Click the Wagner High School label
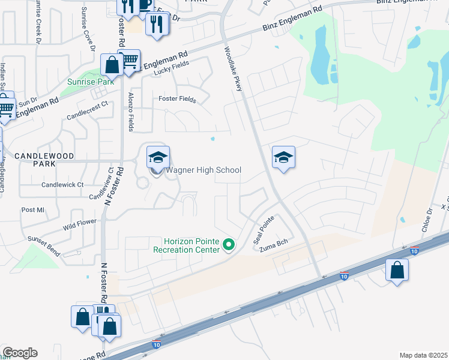(x=203, y=170)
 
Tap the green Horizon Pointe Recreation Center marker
(x=228, y=244)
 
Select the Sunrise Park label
(x=91, y=81)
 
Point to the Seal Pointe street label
(x=265, y=226)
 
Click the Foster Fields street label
(x=176, y=99)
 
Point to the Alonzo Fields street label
(x=131, y=111)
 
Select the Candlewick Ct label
(x=63, y=185)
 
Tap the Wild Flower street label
(x=79, y=226)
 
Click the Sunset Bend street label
(x=43, y=246)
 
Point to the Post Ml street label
(x=32, y=209)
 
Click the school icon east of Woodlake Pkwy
(x=283, y=158)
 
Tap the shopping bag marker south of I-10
(x=397, y=270)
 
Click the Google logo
(x=20, y=353)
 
